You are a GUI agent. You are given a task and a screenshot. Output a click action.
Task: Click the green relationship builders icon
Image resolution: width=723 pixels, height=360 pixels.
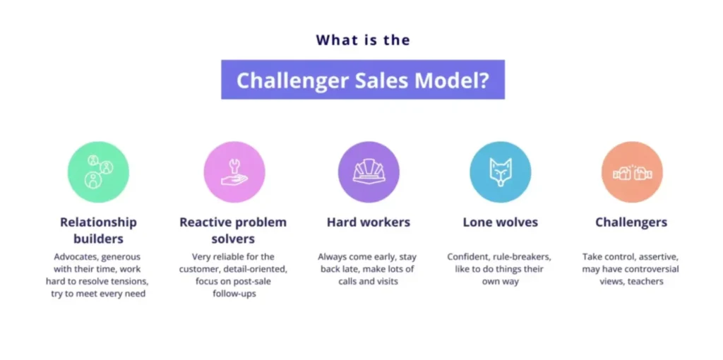click(98, 172)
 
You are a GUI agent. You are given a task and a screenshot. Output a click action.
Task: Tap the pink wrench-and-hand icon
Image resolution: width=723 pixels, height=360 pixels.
click(234, 172)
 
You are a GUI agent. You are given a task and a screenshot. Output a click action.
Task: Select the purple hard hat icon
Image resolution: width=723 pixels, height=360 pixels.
click(369, 172)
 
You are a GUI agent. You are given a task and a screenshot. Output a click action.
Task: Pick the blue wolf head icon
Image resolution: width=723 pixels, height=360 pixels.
click(500, 172)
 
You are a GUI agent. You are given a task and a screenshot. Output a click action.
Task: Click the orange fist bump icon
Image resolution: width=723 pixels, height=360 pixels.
click(631, 172)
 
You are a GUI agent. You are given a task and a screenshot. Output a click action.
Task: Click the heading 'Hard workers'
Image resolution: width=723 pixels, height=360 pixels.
click(369, 222)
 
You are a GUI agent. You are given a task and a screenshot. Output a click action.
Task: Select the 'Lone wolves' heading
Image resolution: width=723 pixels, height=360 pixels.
click(500, 222)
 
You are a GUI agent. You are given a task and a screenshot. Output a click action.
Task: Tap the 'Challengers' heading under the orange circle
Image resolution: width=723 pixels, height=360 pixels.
click(631, 222)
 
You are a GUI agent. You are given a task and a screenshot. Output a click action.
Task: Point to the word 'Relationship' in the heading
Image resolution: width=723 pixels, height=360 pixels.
click(98, 222)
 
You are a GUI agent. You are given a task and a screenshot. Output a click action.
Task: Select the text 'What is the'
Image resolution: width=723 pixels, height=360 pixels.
click(363, 40)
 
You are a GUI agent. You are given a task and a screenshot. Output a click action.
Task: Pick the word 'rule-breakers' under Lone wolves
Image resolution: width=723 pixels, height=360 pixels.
click(522, 256)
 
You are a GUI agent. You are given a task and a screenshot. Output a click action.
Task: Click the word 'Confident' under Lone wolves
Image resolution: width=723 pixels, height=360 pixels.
click(469, 256)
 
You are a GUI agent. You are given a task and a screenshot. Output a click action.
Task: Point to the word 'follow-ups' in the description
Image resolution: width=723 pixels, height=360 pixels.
click(233, 294)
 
